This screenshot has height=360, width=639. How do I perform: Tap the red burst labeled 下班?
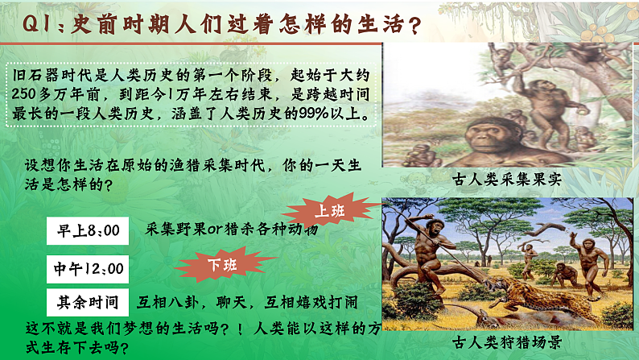(216, 263)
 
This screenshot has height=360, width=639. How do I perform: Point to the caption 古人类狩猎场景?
(506, 341)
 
